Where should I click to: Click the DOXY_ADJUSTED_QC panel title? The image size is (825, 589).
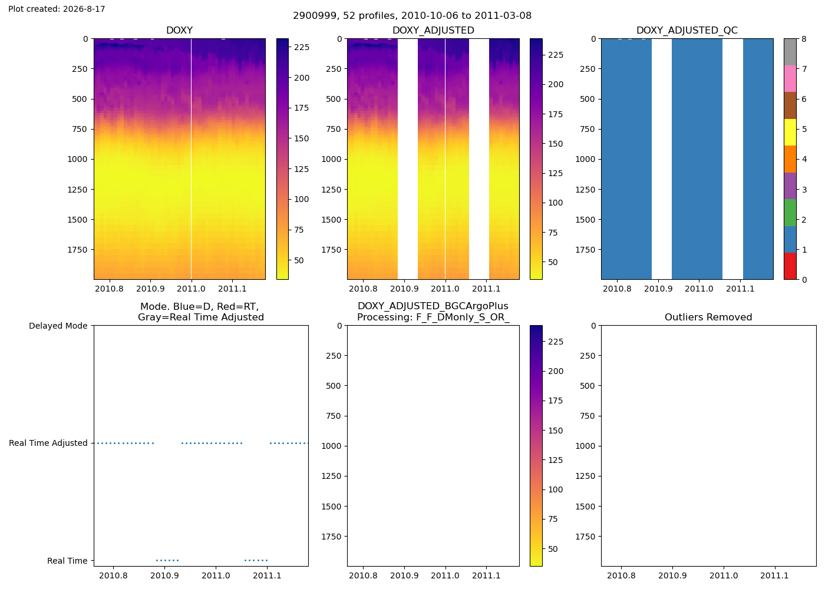point(687,30)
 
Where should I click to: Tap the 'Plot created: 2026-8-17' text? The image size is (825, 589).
point(57,9)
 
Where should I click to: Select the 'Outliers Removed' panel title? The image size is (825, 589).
point(708,317)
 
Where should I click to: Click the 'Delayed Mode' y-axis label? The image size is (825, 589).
point(58,326)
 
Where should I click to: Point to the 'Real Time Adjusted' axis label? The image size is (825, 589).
point(48,443)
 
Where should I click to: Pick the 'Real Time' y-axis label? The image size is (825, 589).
point(67,561)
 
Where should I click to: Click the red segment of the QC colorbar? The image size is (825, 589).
point(790,266)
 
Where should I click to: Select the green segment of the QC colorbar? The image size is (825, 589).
point(790,213)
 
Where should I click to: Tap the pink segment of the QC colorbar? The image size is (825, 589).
point(790,79)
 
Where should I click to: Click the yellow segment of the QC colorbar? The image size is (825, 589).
point(790,132)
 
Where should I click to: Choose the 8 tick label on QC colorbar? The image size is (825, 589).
point(804,39)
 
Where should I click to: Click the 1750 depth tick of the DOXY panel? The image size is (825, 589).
point(77,250)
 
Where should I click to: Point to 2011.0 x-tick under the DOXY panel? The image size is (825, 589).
point(191,289)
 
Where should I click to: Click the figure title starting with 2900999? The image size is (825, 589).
point(412,15)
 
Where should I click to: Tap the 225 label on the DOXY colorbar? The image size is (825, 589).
point(302,47)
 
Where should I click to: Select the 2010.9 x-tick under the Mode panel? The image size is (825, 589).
point(164,575)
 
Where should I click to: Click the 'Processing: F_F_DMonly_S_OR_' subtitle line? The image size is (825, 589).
point(433,317)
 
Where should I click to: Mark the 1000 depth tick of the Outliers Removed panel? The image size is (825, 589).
point(586,446)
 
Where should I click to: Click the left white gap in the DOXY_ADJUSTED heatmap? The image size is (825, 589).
point(408,159)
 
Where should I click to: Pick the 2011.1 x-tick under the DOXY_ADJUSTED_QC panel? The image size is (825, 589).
point(740,289)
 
